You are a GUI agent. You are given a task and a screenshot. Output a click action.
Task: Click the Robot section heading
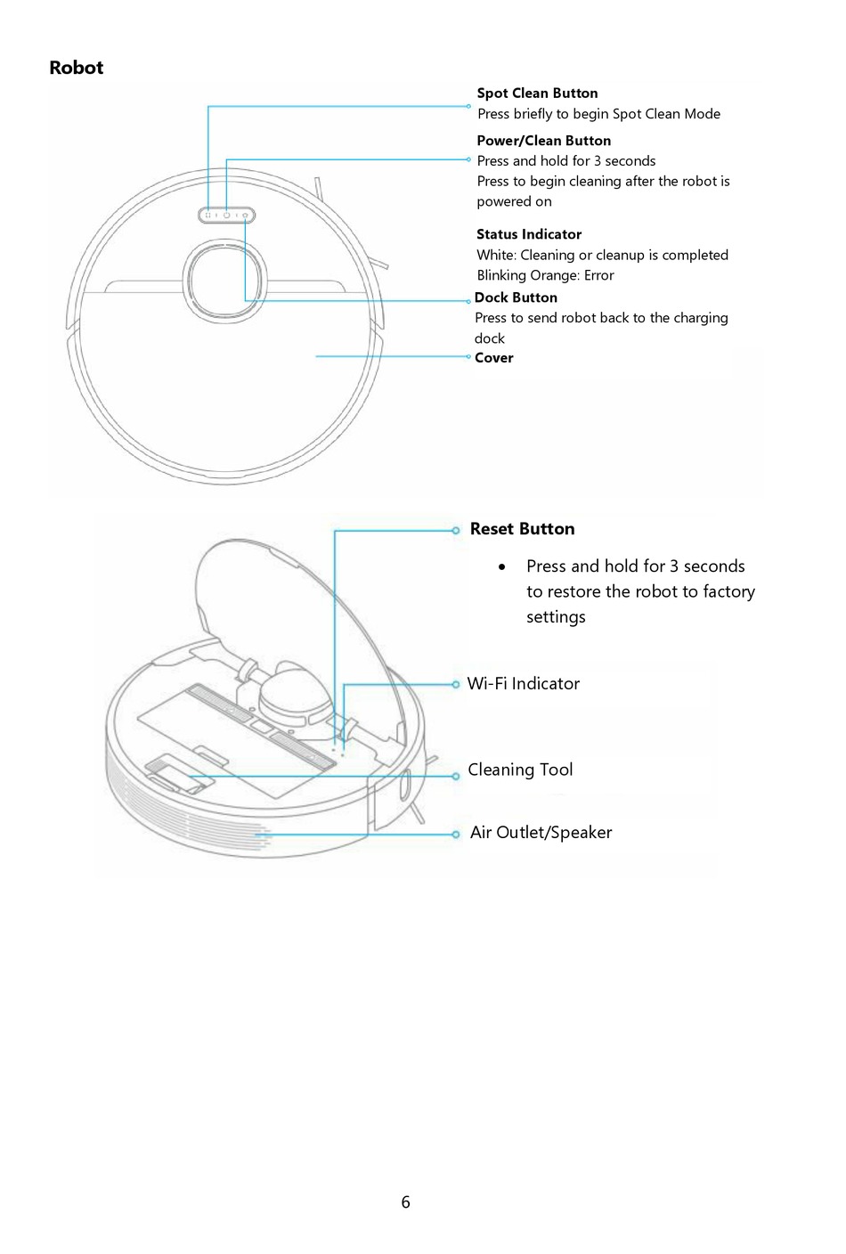(x=76, y=68)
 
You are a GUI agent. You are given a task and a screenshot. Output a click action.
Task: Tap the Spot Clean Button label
(x=537, y=93)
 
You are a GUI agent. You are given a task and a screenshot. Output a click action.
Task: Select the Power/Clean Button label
(x=543, y=140)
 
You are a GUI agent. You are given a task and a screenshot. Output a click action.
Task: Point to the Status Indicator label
(x=528, y=234)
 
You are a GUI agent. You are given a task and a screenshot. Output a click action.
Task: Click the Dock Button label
(x=516, y=297)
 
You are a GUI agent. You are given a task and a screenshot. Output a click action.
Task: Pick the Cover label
(x=493, y=358)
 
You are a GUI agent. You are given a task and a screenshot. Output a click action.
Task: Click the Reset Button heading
(x=522, y=529)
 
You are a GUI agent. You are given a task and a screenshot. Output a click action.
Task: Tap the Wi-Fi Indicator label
(x=524, y=684)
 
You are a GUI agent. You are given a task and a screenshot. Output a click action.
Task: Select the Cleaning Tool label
(x=520, y=769)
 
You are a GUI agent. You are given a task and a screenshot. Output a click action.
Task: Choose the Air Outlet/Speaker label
(x=541, y=833)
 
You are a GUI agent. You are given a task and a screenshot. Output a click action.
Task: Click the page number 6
(x=406, y=1202)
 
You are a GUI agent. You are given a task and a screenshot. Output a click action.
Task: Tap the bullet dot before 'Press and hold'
(x=503, y=566)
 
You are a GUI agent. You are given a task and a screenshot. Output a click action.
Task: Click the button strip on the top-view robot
(x=226, y=215)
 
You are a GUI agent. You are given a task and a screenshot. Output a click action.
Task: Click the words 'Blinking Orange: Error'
(x=545, y=275)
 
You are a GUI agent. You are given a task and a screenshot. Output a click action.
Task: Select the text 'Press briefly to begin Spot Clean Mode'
(x=598, y=114)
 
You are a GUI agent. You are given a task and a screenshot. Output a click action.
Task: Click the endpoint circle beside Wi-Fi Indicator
(x=456, y=685)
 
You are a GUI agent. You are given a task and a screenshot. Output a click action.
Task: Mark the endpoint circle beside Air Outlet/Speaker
(x=456, y=835)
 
